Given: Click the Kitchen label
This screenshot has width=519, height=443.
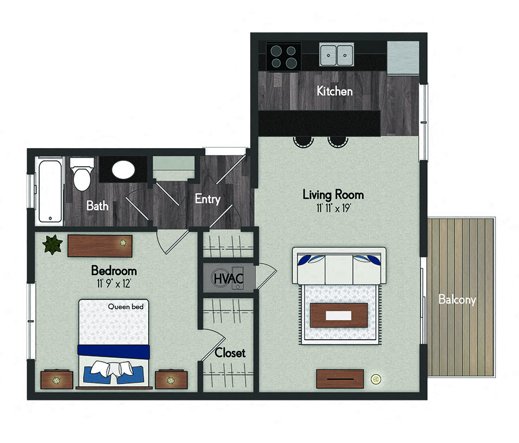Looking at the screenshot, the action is point(334,91).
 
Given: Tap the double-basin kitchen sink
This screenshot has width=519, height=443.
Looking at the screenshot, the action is point(337,54).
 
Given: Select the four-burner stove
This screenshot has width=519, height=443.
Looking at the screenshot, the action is point(284,57).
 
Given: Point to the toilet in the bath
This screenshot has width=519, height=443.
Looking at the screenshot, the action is point(82,174).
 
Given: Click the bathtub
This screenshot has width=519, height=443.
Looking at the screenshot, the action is point(50,191).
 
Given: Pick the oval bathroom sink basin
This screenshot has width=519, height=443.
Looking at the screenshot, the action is point(123,170).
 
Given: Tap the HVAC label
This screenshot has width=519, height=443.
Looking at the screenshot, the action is point(228,279).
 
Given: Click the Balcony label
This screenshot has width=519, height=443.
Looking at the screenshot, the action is point(457,299).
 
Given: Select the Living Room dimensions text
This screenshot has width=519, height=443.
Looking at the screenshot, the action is point(333,208).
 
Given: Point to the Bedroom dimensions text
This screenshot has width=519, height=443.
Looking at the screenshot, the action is point(114,283).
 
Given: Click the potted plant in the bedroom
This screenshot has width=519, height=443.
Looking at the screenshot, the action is point(52,245).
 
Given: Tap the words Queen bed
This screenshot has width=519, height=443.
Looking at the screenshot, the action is point(126,307).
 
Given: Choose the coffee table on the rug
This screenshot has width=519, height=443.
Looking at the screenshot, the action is point(339,315).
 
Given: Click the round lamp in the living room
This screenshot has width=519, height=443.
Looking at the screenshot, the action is point(375,378).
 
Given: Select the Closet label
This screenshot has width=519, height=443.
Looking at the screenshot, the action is point(230,353).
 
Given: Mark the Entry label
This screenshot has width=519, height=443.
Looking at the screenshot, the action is point(208,198).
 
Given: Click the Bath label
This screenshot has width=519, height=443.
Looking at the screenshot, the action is point(97,205).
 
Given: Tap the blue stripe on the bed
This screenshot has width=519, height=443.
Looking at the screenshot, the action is point(114,351).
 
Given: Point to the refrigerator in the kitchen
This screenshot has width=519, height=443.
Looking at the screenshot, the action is point(403,58).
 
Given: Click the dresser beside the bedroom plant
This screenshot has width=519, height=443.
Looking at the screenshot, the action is point(100,246).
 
